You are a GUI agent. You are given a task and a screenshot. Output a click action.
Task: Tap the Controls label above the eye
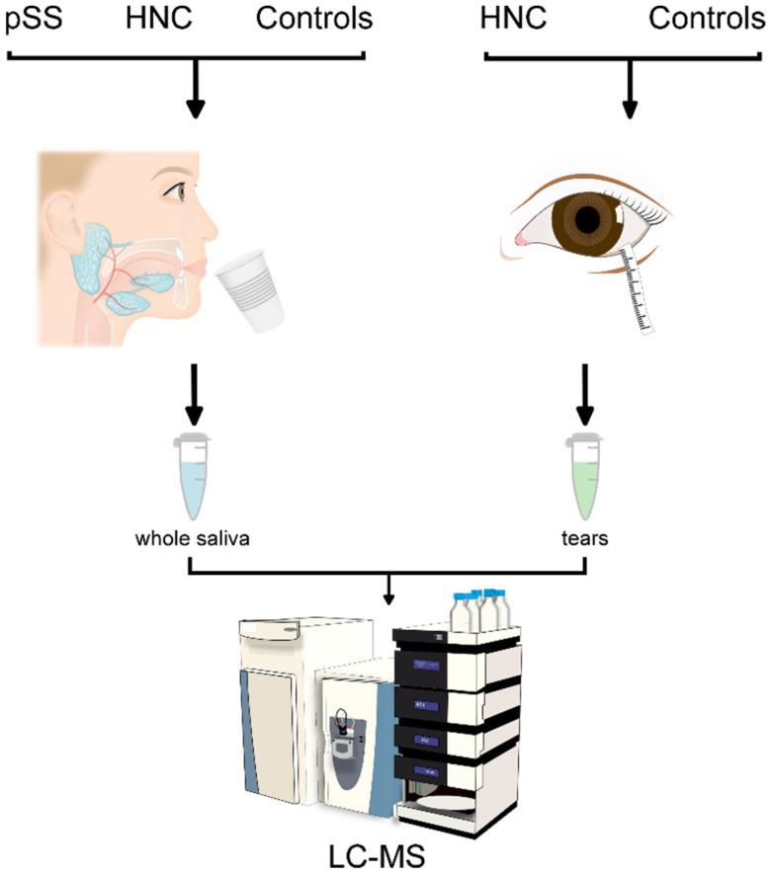click(x=700, y=19)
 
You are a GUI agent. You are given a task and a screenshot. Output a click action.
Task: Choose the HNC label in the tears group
click(x=515, y=19)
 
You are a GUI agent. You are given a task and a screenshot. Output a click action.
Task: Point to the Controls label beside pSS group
click(x=314, y=19)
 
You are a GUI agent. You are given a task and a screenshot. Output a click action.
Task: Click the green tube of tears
click(x=586, y=475)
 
